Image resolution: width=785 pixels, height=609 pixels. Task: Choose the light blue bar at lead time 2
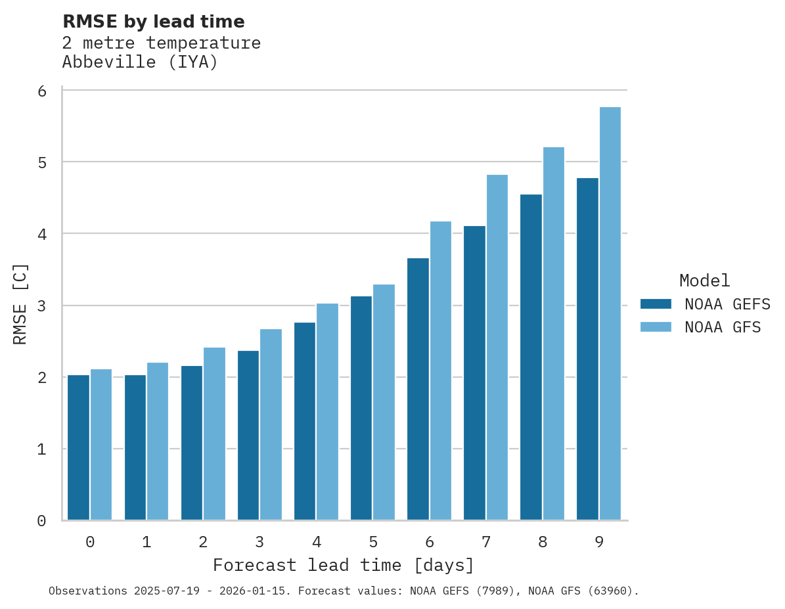coord(214,434)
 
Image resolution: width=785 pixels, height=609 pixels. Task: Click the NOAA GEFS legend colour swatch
coord(656,304)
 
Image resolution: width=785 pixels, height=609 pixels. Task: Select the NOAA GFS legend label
coord(723,327)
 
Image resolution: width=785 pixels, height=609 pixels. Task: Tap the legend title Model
coord(704,281)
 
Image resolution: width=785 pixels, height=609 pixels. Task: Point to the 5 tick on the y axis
coord(42,162)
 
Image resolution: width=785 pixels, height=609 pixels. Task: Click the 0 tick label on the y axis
coord(42,521)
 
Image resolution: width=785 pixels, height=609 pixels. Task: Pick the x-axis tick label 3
coord(259,542)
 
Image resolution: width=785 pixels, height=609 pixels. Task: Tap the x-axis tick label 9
coord(598,542)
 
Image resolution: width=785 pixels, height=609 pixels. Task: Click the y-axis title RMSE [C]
coord(20,304)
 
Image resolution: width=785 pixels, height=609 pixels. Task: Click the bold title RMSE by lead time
coord(153,22)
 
